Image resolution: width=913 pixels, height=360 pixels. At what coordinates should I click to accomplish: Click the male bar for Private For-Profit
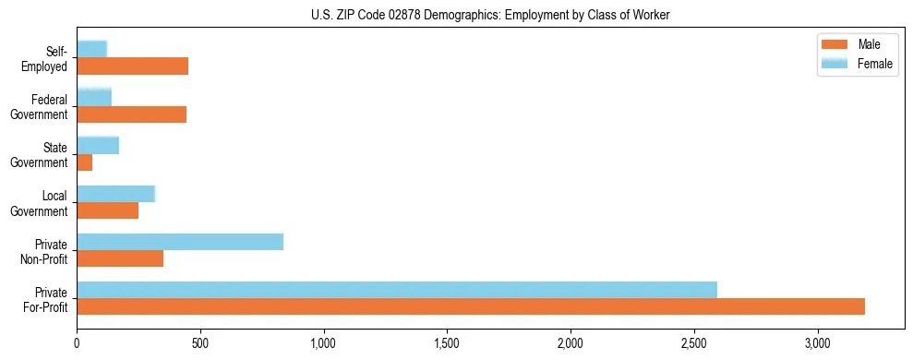tap(471, 306)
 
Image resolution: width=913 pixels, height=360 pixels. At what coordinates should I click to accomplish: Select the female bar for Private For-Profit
tap(397, 290)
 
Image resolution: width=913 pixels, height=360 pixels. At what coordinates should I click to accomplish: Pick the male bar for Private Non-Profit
tap(120, 258)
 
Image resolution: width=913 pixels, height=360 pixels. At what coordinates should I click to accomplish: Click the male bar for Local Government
tap(108, 210)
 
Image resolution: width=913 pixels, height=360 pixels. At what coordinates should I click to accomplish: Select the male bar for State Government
tap(85, 162)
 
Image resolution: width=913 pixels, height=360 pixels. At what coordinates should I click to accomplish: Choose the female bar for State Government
tap(98, 146)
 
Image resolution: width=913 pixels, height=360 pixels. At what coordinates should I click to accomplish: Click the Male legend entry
tap(856, 45)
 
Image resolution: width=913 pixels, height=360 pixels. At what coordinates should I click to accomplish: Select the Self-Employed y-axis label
tap(44, 58)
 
